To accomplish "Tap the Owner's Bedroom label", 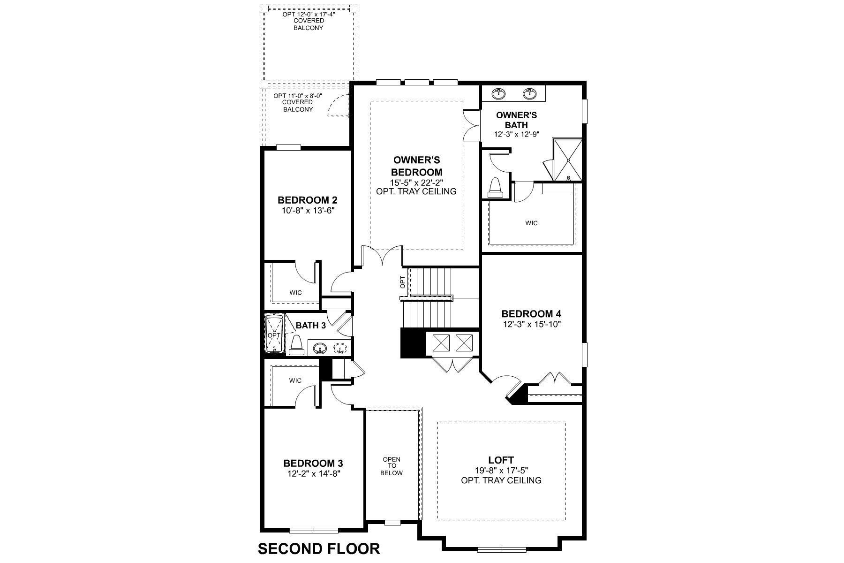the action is (416, 166).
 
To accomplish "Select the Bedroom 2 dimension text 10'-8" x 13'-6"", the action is (307, 211).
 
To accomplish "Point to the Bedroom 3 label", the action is (316, 464).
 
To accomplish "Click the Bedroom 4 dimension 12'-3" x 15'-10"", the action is (532, 324).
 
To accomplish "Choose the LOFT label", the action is (501, 460).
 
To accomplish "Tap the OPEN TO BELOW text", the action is (392, 466).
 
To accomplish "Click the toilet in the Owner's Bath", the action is (495, 188).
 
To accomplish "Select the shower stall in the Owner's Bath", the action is (568, 160).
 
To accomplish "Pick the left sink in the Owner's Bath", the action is (499, 93).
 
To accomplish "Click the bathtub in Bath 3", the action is (274, 334).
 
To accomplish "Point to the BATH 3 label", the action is (310, 326).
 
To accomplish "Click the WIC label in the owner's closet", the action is (531, 223).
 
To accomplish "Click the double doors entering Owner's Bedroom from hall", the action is (382, 256).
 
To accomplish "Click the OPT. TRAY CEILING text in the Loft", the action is (501, 480).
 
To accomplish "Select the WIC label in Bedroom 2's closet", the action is (295, 293).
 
